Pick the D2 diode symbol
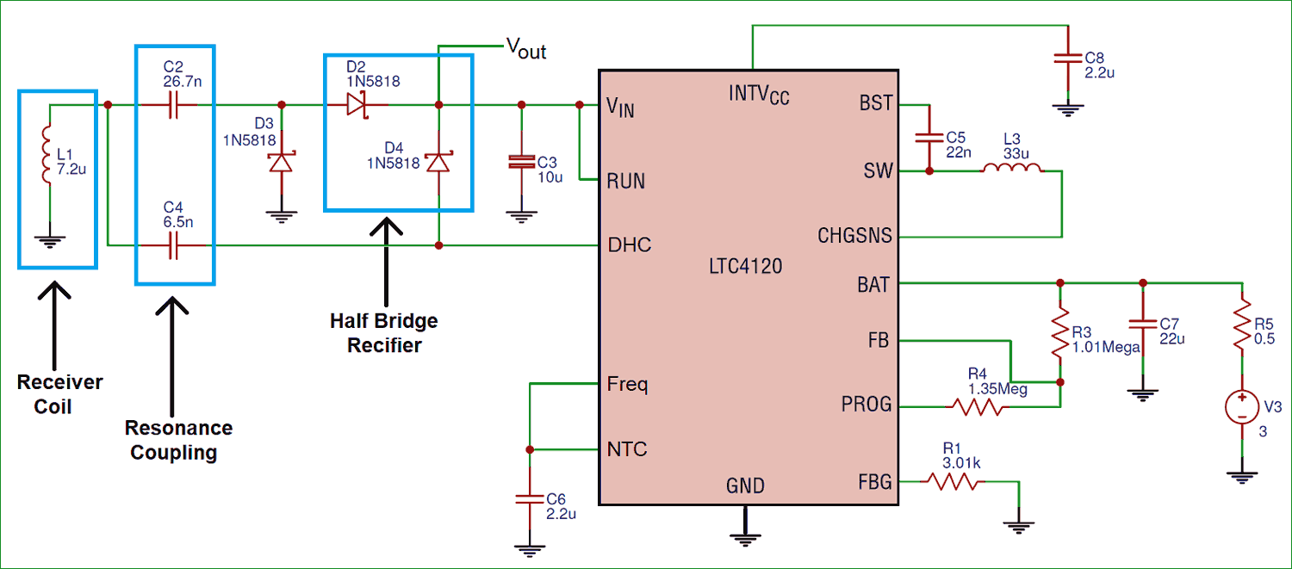(x=357, y=105)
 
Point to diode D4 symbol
(x=439, y=162)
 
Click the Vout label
(x=525, y=50)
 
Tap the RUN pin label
(x=626, y=182)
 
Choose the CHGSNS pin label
(x=854, y=236)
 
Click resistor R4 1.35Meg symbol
(x=975, y=406)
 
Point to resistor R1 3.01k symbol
(x=952, y=481)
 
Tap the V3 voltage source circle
(x=1241, y=407)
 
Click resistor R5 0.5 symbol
(x=1241, y=326)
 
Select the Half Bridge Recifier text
(x=384, y=333)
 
